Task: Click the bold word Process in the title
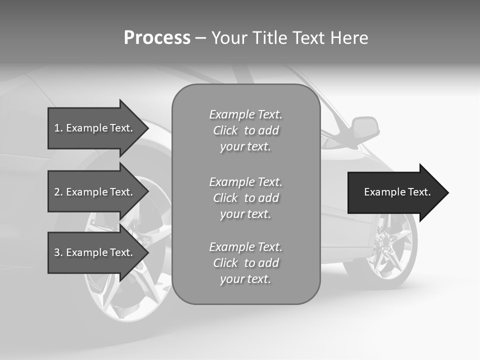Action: [x=157, y=38]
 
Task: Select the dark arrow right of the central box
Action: [x=395, y=192]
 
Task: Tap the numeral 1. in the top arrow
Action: [x=58, y=128]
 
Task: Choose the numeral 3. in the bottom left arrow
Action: [x=58, y=252]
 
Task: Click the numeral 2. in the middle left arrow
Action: [x=58, y=192]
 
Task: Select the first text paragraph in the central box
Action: [x=245, y=130]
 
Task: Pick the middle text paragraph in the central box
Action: [x=245, y=198]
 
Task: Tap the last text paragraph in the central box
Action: [x=245, y=263]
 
